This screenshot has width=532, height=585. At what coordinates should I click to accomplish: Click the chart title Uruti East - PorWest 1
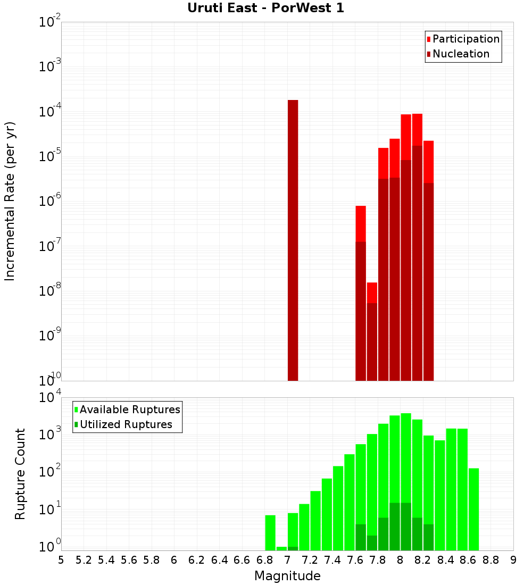(265, 9)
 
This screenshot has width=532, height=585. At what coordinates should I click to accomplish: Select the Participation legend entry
(465, 39)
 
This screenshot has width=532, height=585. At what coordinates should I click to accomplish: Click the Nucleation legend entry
(461, 54)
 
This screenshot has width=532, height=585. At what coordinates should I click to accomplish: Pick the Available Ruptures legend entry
(130, 410)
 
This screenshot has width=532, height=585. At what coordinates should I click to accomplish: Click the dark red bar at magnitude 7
(293, 239)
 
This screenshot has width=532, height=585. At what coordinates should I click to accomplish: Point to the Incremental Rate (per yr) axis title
(10, 202)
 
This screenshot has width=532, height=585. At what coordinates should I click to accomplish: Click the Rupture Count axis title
(20, 474)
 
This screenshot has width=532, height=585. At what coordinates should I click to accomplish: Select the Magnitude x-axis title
(287, 576)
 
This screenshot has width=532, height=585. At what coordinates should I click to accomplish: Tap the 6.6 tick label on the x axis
(242, 560)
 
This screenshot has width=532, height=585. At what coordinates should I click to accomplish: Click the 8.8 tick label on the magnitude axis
(491, 560)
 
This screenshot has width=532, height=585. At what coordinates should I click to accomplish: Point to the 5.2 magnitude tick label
(84, 560)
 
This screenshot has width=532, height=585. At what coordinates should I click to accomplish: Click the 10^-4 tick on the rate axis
(50, 112)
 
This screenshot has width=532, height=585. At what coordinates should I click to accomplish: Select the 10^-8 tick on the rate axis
(50, 291)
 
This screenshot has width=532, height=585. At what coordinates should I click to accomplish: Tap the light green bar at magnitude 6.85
(270, 532)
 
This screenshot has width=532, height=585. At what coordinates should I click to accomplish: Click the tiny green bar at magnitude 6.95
(281, 548)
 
